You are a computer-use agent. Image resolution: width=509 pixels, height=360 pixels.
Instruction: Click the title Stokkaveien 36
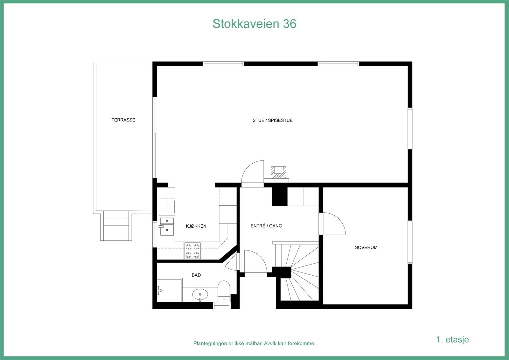(254, 24)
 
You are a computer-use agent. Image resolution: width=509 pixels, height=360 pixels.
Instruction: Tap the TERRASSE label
(123, 120)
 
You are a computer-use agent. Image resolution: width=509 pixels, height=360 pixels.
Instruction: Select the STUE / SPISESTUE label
(272, 120)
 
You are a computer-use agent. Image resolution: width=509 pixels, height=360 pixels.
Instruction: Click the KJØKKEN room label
(196, 226)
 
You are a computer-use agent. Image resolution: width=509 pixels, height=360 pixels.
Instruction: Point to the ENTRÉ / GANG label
(266, 226)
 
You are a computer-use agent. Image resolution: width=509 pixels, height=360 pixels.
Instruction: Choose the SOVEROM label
(366, 247)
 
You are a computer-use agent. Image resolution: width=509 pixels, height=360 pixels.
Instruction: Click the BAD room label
(196, 275)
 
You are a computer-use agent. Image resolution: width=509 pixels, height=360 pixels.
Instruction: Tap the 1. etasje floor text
(452, 339)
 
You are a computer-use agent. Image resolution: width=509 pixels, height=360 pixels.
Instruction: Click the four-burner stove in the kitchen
(192, 251)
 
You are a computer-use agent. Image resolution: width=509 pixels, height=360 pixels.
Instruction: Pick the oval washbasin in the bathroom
(200, 294)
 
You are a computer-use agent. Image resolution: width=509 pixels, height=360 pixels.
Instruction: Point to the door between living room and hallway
(253, 173)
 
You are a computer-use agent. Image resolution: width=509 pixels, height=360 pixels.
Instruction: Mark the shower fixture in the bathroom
(159, 290)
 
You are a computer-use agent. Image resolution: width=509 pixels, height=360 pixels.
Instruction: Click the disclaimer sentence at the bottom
(254, 343)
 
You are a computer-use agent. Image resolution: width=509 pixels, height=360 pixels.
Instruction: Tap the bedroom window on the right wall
(410, 242)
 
